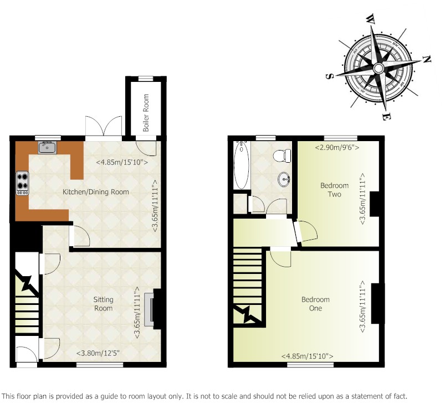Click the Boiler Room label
pos(146,113)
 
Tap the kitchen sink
pos(48,147)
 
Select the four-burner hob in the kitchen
pos(22,183)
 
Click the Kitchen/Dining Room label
pos(96,192)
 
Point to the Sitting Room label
pos(103,304)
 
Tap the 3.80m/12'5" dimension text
pos(98,353)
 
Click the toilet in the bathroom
pos(283,156)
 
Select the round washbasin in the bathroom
pos(284,179)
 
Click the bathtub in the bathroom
pos(242,165)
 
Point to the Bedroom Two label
pos(334,190)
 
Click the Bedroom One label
pos(315,304)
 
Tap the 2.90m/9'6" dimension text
pos(337,147)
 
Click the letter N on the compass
pos(427,59)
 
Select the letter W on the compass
pos(370,19)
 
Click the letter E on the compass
pos(386,116)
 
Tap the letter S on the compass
pos(330,76)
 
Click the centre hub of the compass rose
pos(378,68)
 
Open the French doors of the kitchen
pos(104,126)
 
